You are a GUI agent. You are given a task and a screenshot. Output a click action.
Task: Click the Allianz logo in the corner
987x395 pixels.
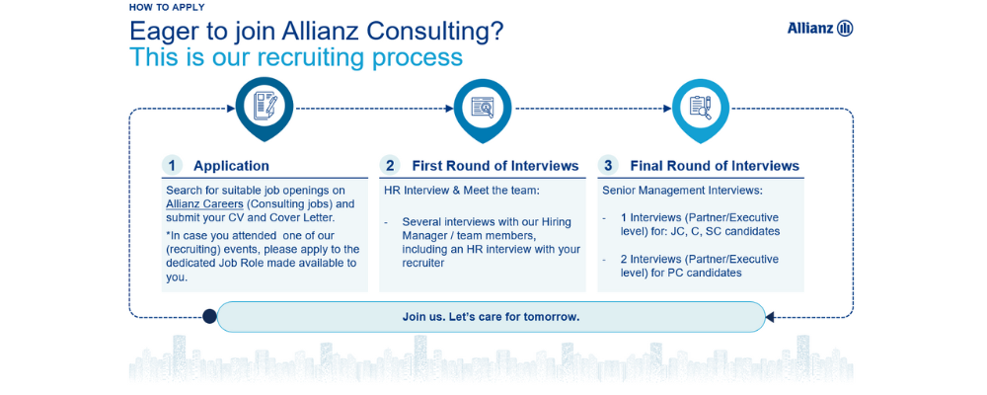[819, 29]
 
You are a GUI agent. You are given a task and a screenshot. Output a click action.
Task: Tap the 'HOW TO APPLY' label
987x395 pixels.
[167, 8]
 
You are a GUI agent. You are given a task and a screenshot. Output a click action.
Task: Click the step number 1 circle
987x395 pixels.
[172, 166]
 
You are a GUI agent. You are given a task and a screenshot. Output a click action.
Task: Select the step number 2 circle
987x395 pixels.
[390, 166]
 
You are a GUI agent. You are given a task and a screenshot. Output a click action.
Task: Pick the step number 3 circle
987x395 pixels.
[607, 166]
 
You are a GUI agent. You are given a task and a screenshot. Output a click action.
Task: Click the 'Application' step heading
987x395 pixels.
[231, 166]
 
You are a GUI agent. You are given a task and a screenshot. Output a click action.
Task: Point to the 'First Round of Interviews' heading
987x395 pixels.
[494, 166]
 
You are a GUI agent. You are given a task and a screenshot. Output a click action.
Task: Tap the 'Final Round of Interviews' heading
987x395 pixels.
[715, 166]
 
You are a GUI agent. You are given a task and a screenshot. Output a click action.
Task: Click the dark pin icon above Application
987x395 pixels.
[265, 107]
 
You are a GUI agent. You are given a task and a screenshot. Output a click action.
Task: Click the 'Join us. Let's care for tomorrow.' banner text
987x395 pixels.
[491, 317]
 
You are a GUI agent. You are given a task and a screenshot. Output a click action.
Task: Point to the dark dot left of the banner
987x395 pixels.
[209, 316]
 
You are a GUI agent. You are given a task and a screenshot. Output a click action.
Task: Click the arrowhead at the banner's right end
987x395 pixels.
[769, 317]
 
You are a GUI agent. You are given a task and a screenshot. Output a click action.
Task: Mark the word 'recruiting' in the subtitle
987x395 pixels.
[321, 57]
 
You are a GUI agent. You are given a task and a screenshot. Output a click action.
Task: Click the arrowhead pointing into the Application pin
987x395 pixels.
[230, 109]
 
